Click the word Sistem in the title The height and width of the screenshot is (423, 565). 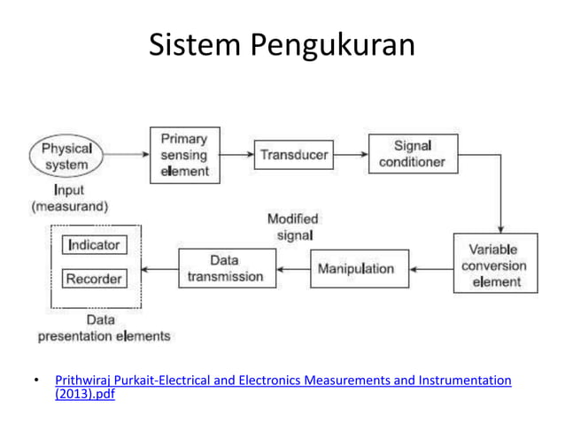point(195,45)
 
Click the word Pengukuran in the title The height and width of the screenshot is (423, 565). point(334,46)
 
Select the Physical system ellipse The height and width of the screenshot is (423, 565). point(66,157)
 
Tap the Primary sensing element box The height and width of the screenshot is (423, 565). point(185,154)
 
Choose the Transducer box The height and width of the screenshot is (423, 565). point(294,155)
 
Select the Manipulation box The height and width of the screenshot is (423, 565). point(360,268)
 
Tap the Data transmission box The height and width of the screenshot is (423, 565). point(225,268)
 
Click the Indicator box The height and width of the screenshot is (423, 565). point(94,244)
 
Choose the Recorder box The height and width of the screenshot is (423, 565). point(94,279)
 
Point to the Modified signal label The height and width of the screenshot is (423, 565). point(292,227)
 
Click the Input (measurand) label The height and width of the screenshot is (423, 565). point(70,197)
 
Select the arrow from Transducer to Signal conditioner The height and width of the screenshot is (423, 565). point(351,155)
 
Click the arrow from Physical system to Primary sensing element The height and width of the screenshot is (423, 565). point(126,155)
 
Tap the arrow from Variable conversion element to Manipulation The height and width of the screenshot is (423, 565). point(431,268)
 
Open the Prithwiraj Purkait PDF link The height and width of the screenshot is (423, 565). point(282,381)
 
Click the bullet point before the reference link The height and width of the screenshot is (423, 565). point(36,381)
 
